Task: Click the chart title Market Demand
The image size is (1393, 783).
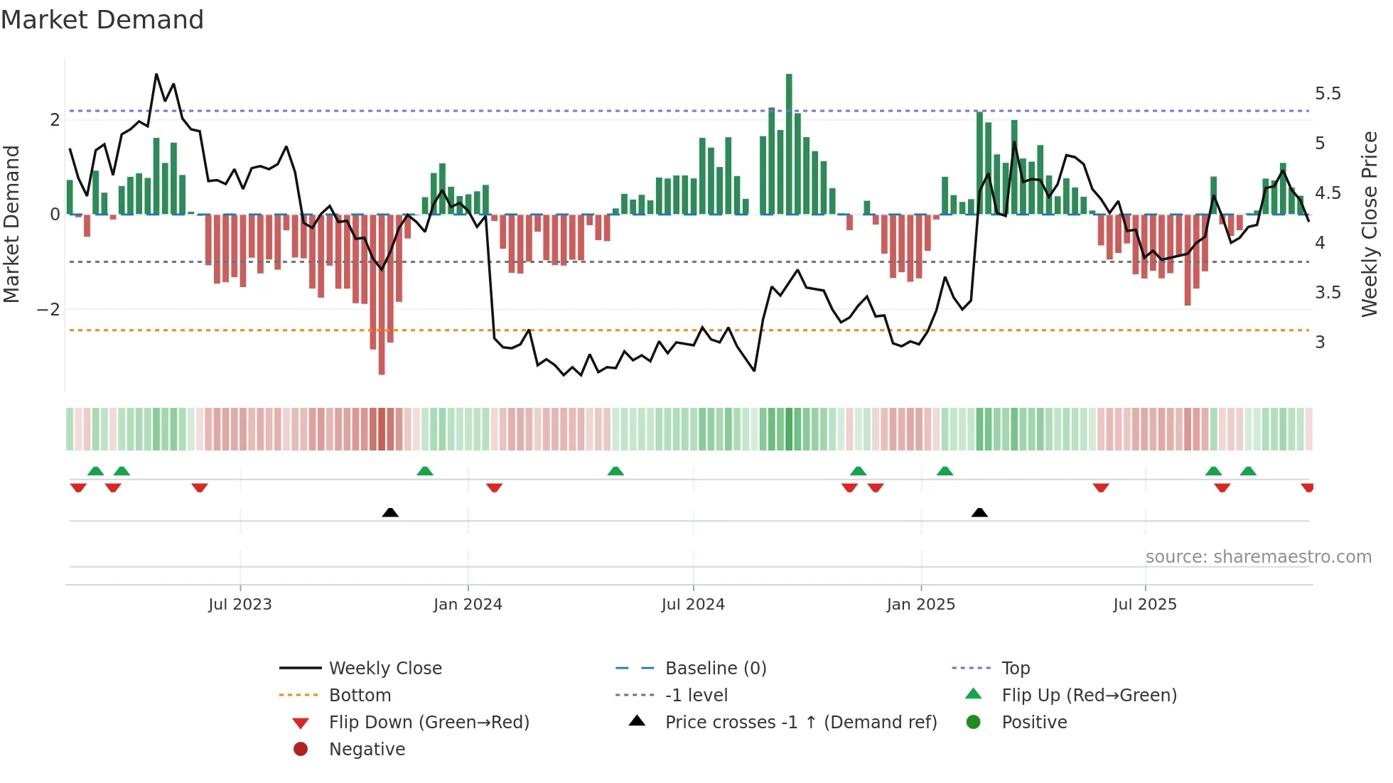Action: click(x=102, y=20)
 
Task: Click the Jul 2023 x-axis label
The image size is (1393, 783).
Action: click(x=240, y=605)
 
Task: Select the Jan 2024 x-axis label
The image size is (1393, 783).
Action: click(x=468, y=605)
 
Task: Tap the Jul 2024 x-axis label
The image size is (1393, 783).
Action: click(x=693, y=605)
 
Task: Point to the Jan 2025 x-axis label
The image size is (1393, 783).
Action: click(x=921, y=605)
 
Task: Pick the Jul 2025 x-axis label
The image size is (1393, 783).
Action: click(x=1145, y=605)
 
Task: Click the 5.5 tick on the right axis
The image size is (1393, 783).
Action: click(x=1328, y=94)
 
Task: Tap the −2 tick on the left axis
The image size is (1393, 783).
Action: click(x=48, y=310)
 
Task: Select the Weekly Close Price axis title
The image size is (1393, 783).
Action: click(x=1369, y=224)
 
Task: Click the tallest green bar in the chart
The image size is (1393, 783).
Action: click(x=789, y=142)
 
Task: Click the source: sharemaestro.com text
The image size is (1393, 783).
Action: click(x=1258, y=557)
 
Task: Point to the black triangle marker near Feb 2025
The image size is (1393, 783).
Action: click(x=979, y=512)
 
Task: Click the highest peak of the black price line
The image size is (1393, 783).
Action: click(x=156, y=75)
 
